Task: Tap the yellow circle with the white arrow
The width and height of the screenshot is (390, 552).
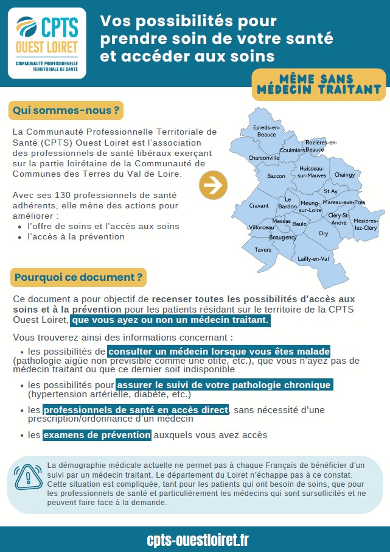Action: point(213,185)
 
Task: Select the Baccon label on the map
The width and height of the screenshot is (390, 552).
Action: point(276,176)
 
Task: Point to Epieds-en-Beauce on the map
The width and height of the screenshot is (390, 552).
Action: point(266,130)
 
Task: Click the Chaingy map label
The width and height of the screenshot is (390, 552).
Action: point(344,175)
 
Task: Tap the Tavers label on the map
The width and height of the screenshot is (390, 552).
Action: point(263,250)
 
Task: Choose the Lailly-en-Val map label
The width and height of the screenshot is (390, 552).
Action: point(313,258)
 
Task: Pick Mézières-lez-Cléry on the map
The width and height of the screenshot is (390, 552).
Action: point(366,224)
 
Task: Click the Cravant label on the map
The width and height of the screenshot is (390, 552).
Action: point(259,206)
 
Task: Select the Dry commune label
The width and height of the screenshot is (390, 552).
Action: point(324,233)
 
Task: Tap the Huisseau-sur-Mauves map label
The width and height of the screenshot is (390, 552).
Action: point(312,172)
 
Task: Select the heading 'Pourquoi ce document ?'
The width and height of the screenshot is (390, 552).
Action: point(78,277)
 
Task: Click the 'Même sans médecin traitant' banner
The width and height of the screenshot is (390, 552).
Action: point(319,85)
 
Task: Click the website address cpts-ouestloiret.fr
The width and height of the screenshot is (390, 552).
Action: point(198,540)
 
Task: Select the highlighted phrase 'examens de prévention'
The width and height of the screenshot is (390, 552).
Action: point(97,435)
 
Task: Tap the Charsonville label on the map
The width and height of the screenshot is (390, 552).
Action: point(264,157)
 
